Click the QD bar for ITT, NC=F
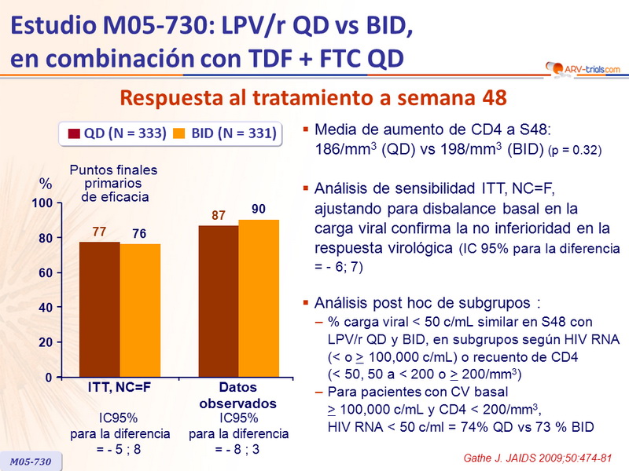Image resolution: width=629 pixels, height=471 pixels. pyautogui.click(x=99, y=309)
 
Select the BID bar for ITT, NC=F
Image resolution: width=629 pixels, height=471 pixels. pyautogui.click(x=140, y=311)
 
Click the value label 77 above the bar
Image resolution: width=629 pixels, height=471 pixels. pyautogui.click(x=99, y=232)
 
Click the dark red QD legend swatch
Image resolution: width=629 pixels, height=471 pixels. pyautogui.click(x=76, y=134)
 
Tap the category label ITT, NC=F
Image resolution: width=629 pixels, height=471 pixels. pyautogui.click(x=120, y=388)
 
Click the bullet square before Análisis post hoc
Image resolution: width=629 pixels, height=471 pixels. pyautogui.click(x=306, y=301)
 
